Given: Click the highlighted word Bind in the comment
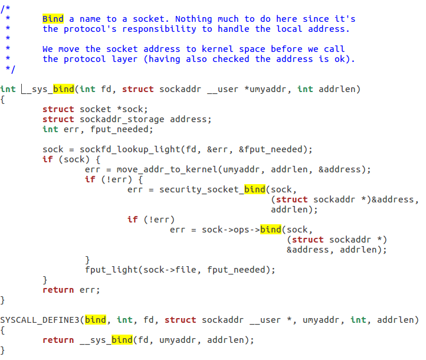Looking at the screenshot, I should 53,19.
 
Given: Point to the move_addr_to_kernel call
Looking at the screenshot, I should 167,169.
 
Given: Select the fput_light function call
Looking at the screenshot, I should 109,270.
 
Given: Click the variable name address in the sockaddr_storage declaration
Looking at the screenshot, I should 191,119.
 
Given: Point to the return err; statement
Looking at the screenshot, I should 71,290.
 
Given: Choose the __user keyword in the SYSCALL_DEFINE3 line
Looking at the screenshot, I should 265,320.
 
